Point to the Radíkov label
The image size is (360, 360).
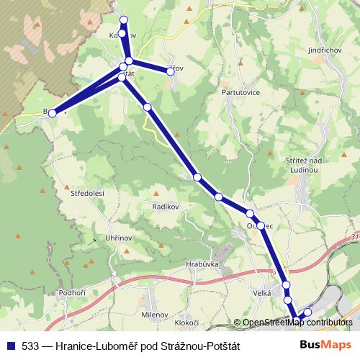coord(165,207)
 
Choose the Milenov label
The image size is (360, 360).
coord(155,315)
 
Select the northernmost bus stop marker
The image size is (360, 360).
coord(124,19)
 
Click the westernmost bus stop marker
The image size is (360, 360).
coord(52,114)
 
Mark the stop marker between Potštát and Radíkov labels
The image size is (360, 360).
coord(147,107)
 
